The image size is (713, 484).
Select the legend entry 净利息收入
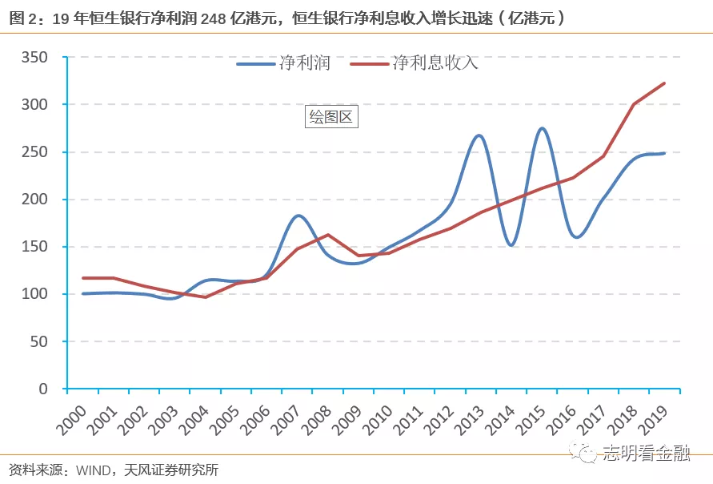[x=415, y=63]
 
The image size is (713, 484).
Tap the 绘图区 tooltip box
[x=331, y=117]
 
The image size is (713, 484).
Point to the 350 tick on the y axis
[x=34, y=58]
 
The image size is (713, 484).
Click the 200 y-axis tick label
[x=34, y=199]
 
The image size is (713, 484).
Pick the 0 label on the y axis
[x=43, y=389]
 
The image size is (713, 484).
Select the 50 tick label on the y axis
[x=39, y=341]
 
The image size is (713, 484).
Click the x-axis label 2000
[x=71, y=420]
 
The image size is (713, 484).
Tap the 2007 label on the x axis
[x=286, y=420]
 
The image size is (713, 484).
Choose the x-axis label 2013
[x=469, y=420]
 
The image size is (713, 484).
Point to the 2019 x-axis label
[x=653, y=420]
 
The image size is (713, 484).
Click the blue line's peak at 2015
[x=543, y=128]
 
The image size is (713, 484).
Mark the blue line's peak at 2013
[x=479, y=135]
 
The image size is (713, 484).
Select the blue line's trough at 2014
[x=511, y=245]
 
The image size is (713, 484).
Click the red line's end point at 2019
[x=664, y=83]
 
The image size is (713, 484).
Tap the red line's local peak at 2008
[x=328, y=235]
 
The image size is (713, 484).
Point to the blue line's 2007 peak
[x=298, y=216]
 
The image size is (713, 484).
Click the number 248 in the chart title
[x=214, y=18]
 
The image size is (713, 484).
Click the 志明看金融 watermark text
[x=646, y=452]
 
